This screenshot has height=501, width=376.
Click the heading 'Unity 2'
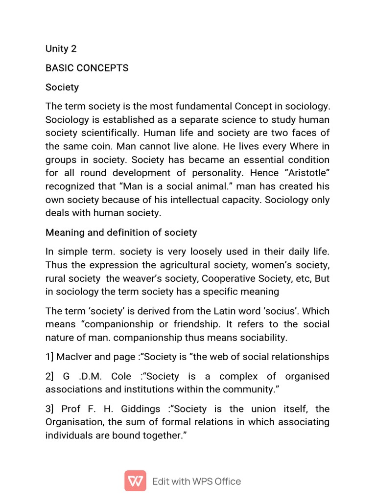pyautogui.click(x=61, y=48)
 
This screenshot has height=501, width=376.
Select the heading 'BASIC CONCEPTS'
pyautogui.click(x=87, y=68)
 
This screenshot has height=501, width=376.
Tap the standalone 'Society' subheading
pyautogui.click(x=62, y=87)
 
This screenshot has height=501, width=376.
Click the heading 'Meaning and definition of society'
pyautogui.click(x=121, y=232)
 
